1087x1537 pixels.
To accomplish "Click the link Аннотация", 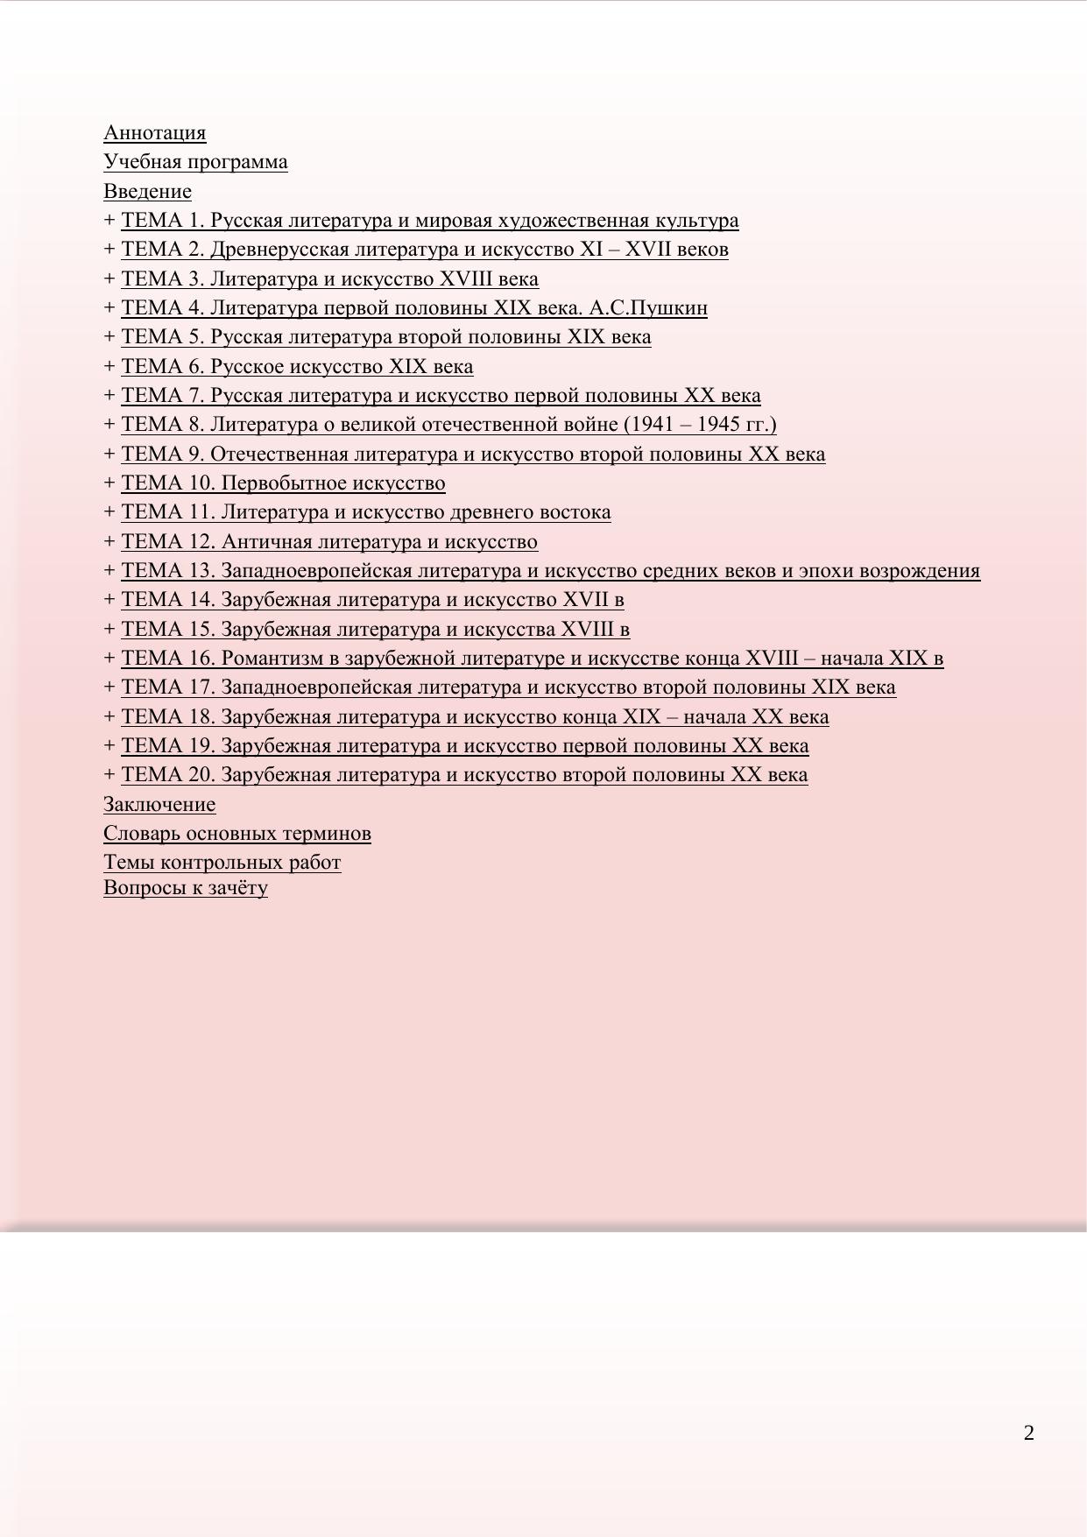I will click(154, 133).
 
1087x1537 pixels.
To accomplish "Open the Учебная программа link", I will click(195, 162).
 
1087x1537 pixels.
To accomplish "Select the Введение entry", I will click(147, 192).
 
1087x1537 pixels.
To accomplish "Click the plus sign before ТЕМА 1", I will click(109, 221).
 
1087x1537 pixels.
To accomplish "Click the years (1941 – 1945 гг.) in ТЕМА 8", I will click(700, 425).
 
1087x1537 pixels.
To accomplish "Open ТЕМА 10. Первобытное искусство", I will click(283, 483).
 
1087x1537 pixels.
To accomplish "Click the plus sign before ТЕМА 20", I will click(109, 775).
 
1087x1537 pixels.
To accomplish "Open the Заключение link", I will click(159, 805).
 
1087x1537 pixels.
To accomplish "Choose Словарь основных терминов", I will click(237, 834).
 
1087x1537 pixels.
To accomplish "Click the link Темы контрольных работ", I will click(222, 863).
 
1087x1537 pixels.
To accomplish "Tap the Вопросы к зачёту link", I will click(186, 888).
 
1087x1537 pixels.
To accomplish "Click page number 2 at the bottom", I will click(1028, 1434).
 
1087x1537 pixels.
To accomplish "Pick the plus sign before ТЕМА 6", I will click(109, 367).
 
